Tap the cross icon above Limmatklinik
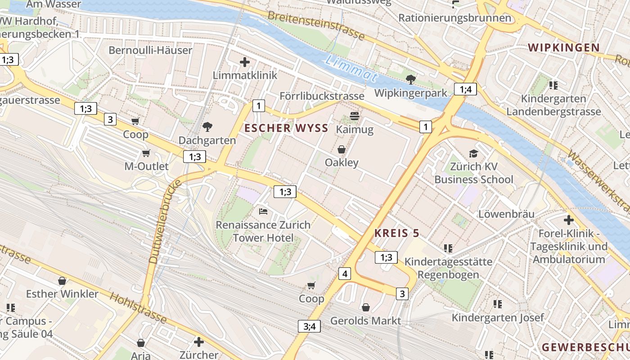(x=245, y=62)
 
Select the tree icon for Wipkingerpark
(x=410, y=80)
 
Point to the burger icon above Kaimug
(x=354, y=117)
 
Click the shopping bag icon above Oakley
(x=342, y=149)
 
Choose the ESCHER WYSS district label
(x=286, y=128)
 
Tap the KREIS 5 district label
(x=396, y=233)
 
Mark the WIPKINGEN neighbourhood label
(x=564, y=48)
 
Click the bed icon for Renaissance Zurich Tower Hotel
(x=263, y=211)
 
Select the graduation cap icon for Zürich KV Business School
(x=473, y=154)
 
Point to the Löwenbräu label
(x=506, y=214)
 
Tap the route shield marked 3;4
(x=309, y=326)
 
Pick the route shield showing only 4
(x=345, y=273)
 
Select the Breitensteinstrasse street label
(x=315, y=25)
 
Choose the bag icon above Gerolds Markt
(x=366, y=307)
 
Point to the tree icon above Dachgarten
(x=207, y=127)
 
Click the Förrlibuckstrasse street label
(x=322, y=96)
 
